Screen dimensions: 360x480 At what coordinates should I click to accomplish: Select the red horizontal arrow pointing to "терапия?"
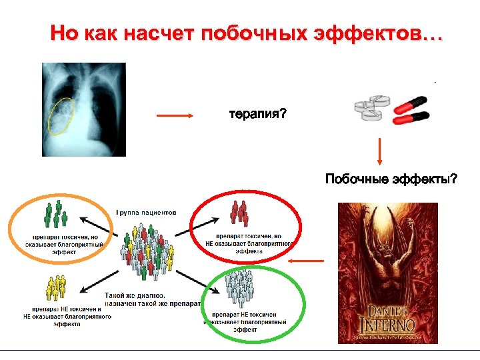pos(175,116)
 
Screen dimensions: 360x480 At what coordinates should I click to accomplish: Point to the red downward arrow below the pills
pos(379,151)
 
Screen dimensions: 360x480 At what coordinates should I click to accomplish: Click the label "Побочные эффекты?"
pos(391,179)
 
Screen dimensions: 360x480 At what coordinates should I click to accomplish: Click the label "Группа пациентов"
pos(146,213)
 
